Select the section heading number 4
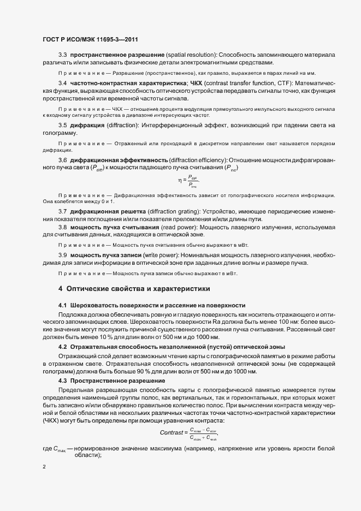[60, 288]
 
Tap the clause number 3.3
[62, 56]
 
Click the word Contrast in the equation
[172, 418]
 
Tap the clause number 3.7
[62, 211]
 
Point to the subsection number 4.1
[62, 305]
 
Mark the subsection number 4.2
[62, 347]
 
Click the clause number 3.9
[62, 255]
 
